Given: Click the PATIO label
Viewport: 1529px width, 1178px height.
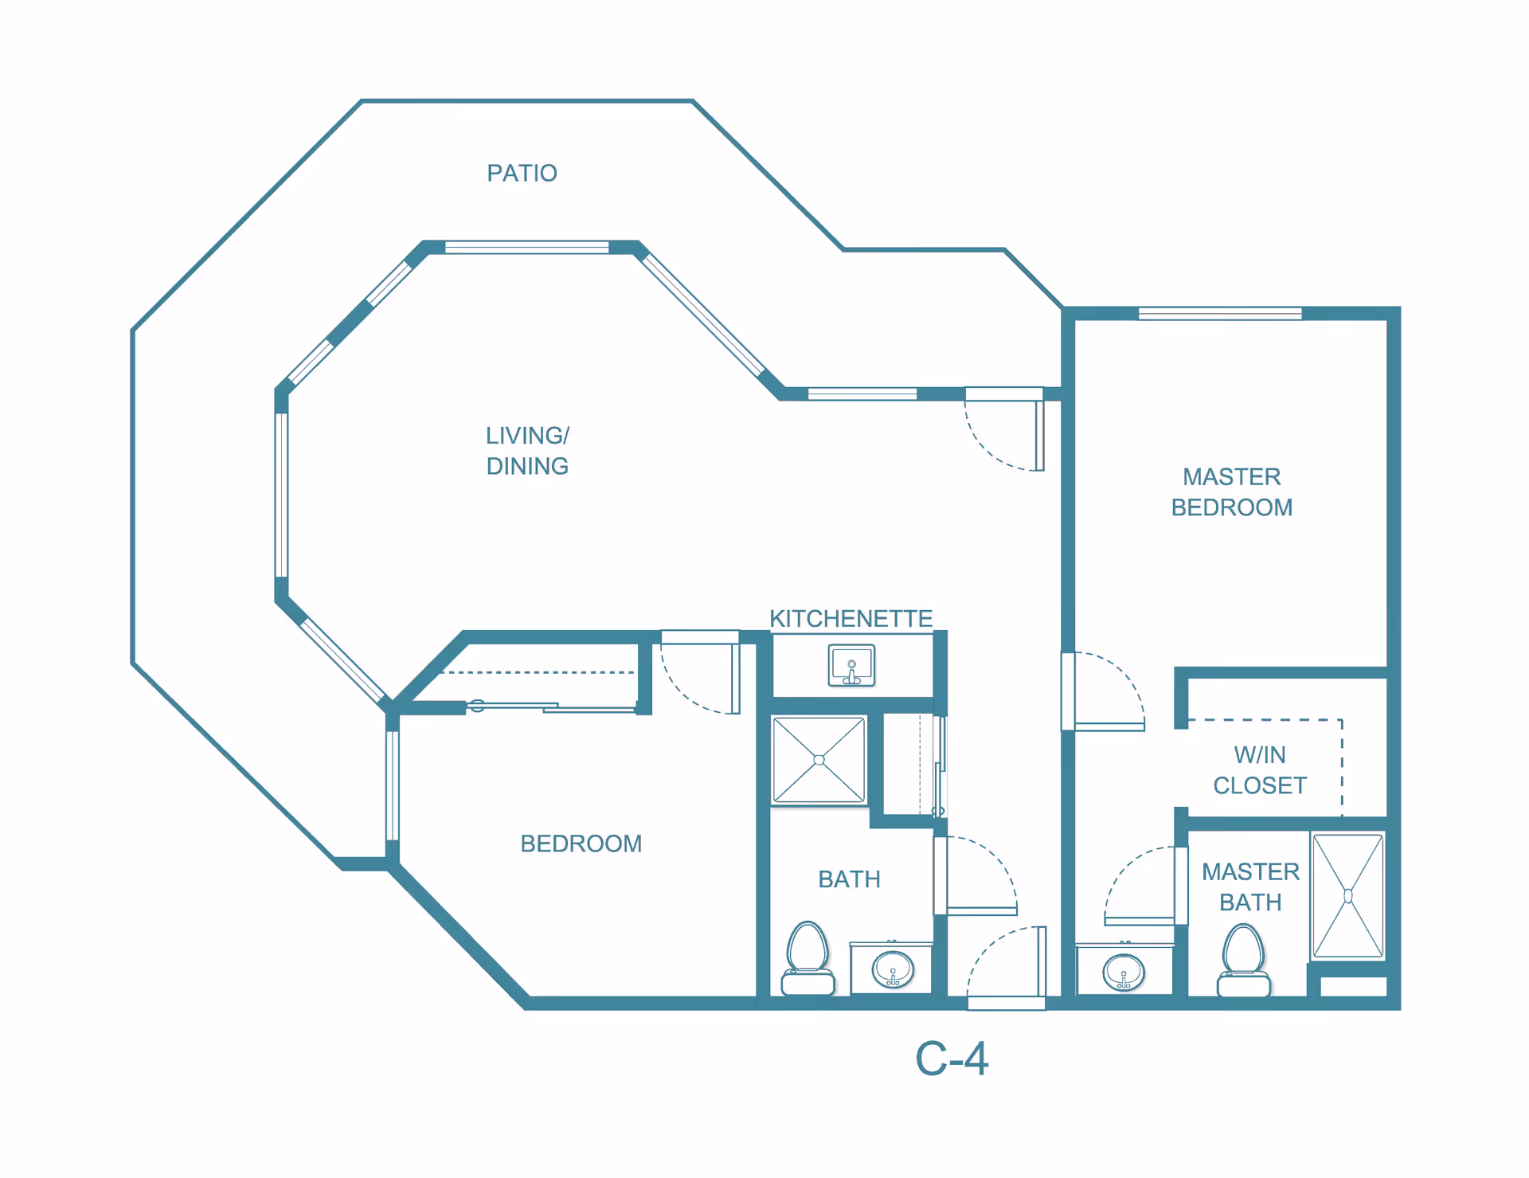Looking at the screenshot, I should (x=522, y=173).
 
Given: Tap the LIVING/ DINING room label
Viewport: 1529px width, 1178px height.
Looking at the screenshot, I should (x=527, y=451).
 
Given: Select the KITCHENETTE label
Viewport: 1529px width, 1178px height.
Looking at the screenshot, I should (x=850, y=618).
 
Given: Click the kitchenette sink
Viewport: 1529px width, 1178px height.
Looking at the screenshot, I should (x=851, y=665).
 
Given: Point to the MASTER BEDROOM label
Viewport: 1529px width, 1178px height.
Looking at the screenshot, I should (x=1230, y=491).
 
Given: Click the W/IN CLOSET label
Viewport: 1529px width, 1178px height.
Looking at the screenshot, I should (x=1259, y=769).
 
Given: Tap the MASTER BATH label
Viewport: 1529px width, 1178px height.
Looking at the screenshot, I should (x=1249, y=886).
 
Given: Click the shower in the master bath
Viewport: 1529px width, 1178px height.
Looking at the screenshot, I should (x=1347, y=895).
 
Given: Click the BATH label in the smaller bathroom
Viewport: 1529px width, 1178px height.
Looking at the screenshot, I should (x=849, y=879).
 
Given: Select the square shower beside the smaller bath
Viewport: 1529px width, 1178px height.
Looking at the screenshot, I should (x=819, y=760).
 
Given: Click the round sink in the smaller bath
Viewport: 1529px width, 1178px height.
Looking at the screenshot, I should (x=892, y=969).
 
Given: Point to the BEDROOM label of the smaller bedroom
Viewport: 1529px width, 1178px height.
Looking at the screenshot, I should (x=581, y=843).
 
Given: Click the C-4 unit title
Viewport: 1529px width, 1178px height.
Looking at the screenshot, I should (x=951, y=1059).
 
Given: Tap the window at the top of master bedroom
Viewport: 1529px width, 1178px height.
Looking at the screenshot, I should (x=1219, y=314).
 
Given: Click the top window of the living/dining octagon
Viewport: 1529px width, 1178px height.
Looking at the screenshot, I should (x=526, y=248).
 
